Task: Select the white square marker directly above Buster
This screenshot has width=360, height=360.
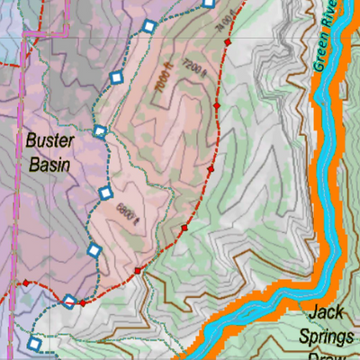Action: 100,132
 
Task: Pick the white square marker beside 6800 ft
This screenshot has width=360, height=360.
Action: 105,193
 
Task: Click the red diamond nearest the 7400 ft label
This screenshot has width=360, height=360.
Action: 229,42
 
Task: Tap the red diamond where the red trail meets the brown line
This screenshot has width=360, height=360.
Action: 138,270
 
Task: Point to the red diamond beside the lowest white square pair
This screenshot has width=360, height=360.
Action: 83,302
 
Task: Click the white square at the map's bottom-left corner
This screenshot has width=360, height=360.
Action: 34,343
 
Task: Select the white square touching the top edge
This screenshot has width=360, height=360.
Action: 209,3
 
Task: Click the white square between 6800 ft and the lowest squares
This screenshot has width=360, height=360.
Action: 93,249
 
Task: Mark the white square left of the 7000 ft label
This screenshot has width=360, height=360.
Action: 115,78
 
